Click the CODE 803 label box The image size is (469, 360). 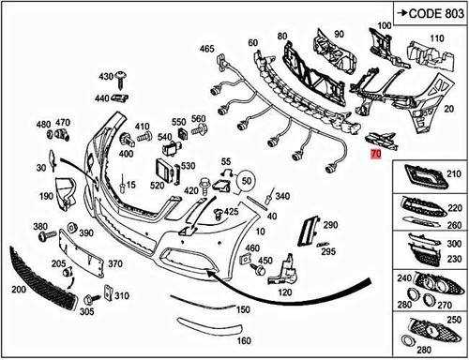(432, 13)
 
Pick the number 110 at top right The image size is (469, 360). (435, 38)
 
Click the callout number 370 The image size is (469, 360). (117, 264)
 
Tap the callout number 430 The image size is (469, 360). (104, 73)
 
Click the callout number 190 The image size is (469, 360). (46, 198)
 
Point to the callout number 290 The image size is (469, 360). (329, 226)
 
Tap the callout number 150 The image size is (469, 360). (243, 308)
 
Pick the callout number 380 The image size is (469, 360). (40, 228)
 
